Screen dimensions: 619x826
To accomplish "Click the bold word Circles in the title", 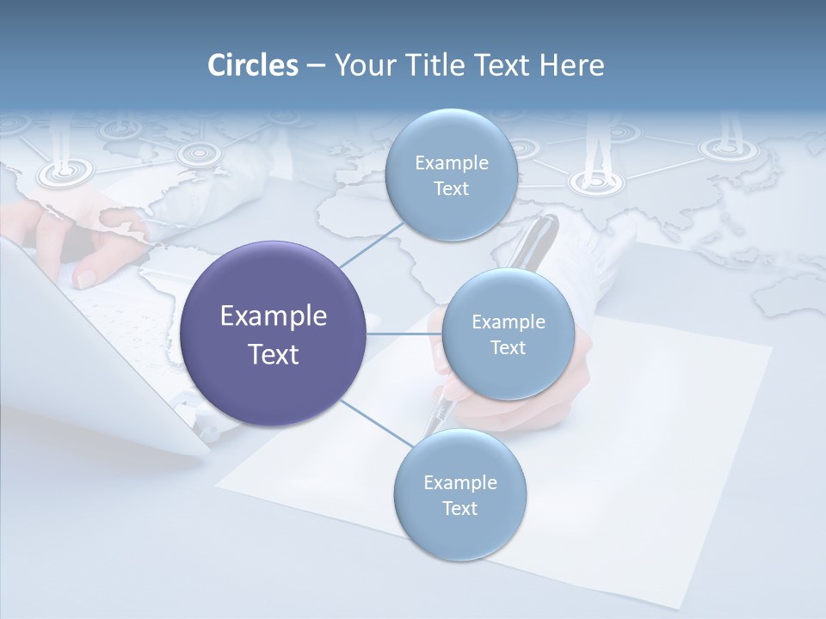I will [x=252, y=65].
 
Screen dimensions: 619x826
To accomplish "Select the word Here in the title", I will [x=571, y=65].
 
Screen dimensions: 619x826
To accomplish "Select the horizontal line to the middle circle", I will [x=404, y=333].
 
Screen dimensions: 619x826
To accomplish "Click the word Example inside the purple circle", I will [x=274, y=316].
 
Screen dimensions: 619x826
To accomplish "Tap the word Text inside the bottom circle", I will [x=459, y=508].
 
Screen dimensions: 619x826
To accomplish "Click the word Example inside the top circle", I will [x=451, y=162].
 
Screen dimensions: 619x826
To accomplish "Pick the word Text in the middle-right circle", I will [x=508, y=347].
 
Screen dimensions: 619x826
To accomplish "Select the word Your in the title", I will [x=359, y=65].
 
